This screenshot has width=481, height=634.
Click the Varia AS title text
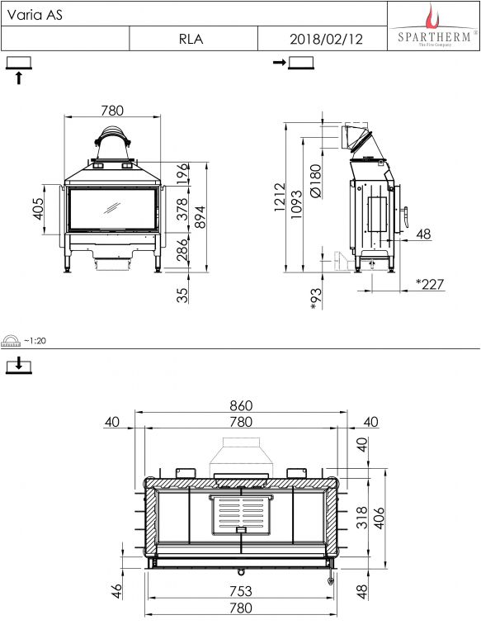(35, 15)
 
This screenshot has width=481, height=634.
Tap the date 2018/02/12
(326, 40)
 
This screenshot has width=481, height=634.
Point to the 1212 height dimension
(280, 197)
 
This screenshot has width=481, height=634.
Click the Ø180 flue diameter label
(316, 181)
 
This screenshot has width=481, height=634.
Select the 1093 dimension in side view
(296, 205)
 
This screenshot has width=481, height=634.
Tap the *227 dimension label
(430, 284)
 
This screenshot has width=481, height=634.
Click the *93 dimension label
(316, 299)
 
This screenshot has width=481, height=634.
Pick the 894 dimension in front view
(200, 217)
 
